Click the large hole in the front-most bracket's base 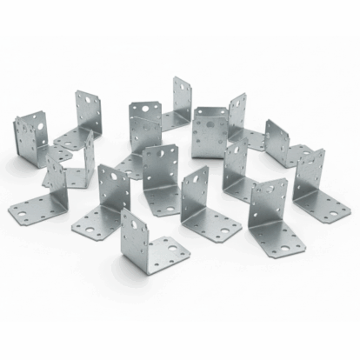[177, 256]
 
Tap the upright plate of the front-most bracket [137, 233]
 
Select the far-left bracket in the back [30, 135]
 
